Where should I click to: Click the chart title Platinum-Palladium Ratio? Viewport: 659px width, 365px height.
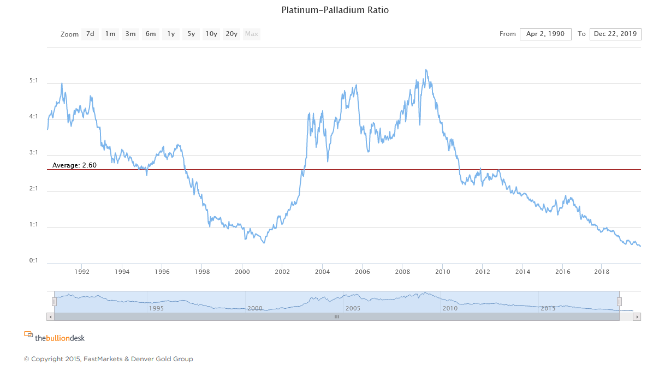(335, 10)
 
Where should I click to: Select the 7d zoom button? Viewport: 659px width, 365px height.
(90, 34)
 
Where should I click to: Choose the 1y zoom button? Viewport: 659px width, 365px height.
(171, 34)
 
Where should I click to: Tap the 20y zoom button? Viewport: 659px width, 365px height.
(231, 34)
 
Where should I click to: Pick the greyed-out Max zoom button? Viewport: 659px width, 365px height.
(252, 34)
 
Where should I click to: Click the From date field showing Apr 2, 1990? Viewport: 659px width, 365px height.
(545, 34)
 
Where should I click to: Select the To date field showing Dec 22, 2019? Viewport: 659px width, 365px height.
(615, 34)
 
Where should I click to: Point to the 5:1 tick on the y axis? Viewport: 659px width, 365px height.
(34, 81)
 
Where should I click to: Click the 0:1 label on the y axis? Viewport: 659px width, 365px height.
(34, 260)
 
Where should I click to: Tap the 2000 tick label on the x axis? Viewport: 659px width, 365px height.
(242, 272)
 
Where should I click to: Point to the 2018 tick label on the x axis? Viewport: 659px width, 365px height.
(602, 272)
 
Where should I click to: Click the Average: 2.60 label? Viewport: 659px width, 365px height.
(74, 165)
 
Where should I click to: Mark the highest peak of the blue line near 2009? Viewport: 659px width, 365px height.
(426, 70)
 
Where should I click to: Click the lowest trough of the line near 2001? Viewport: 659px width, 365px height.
(264, 243)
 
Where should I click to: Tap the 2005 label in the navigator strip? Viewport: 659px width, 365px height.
(353, 308)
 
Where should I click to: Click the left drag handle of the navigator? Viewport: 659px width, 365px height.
(54, 302)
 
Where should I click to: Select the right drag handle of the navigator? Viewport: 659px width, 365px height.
(619, 302)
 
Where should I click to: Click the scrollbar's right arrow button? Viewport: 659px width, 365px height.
(637, 316)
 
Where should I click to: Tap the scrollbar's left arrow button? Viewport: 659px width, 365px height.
(51, 316)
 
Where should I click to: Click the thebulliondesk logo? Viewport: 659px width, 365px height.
(55, 338)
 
